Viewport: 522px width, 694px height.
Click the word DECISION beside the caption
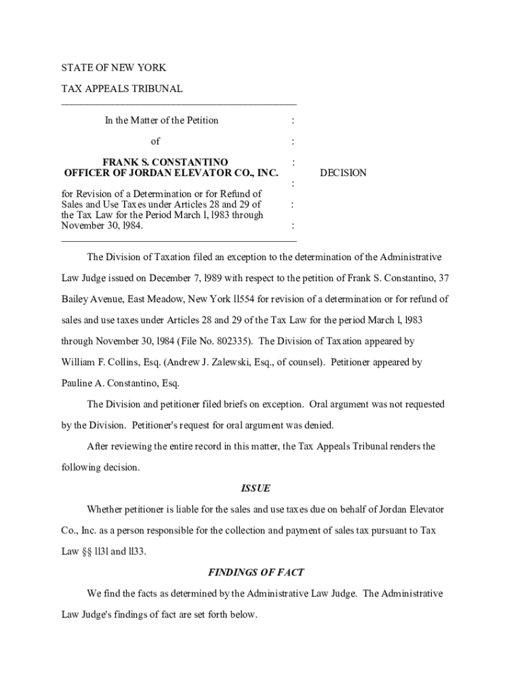point(343,173)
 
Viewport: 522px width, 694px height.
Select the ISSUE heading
point(256,489)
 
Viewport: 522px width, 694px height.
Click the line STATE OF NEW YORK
point(114,68)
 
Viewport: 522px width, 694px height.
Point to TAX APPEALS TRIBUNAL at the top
point(122,89)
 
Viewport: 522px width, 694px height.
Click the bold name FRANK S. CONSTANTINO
point(165,162)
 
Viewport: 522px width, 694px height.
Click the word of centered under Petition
point(155,141)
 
